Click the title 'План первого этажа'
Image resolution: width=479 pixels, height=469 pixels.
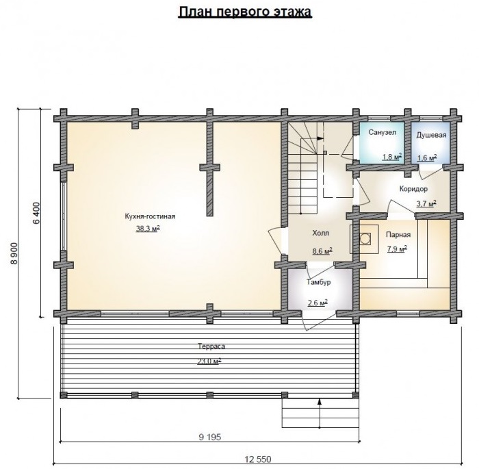point(245,12)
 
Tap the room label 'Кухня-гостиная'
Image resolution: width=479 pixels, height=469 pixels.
point(150,216)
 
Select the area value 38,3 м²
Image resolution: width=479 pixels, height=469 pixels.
point(148,229)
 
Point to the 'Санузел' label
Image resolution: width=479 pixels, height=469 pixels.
point(382,132)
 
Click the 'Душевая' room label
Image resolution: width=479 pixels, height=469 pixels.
point(431,135)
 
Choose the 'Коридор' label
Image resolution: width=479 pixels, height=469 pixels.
point(413,189)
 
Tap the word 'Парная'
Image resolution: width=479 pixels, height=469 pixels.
point(398,234)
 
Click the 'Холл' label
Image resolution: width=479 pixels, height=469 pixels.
point(320,233)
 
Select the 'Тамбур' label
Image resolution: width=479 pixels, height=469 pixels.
point(319,282)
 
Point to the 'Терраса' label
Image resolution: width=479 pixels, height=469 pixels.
point(211,346)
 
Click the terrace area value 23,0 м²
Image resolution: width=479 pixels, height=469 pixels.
point(209,362)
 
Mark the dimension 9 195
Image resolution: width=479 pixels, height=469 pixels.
point(209,438)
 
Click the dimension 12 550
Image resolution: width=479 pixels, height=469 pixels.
point(258,459)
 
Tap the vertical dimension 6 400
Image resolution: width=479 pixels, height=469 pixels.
point(36,213)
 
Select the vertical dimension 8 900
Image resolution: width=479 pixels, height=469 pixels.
point(14,254)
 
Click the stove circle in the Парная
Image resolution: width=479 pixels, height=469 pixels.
point(365,238)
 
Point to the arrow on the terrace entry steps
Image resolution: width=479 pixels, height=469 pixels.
point(320,413)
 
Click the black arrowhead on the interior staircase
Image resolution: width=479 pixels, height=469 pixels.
point(320,138)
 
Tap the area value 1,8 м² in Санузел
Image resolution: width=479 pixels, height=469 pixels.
point(392,157)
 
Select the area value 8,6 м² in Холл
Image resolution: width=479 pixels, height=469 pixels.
point(322,251)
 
